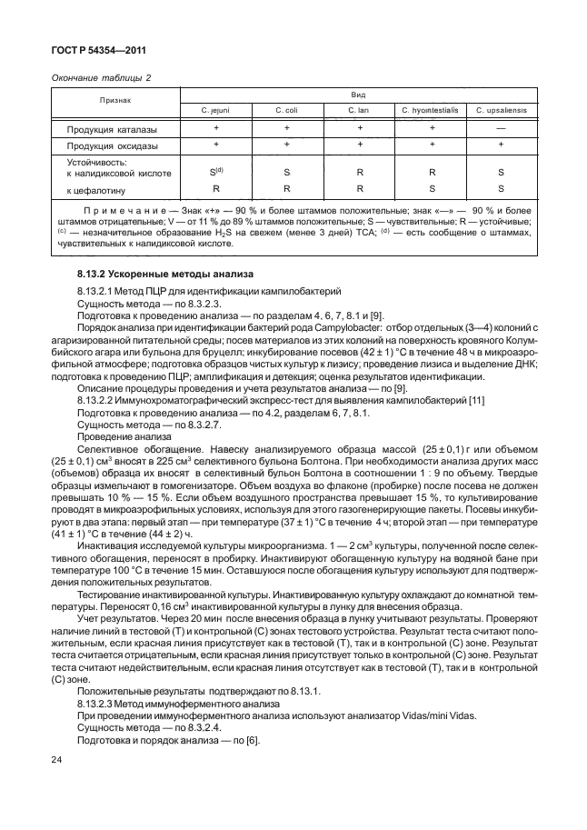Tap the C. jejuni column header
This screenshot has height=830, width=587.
[216, 110]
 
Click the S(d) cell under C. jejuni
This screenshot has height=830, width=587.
[216, 171]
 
